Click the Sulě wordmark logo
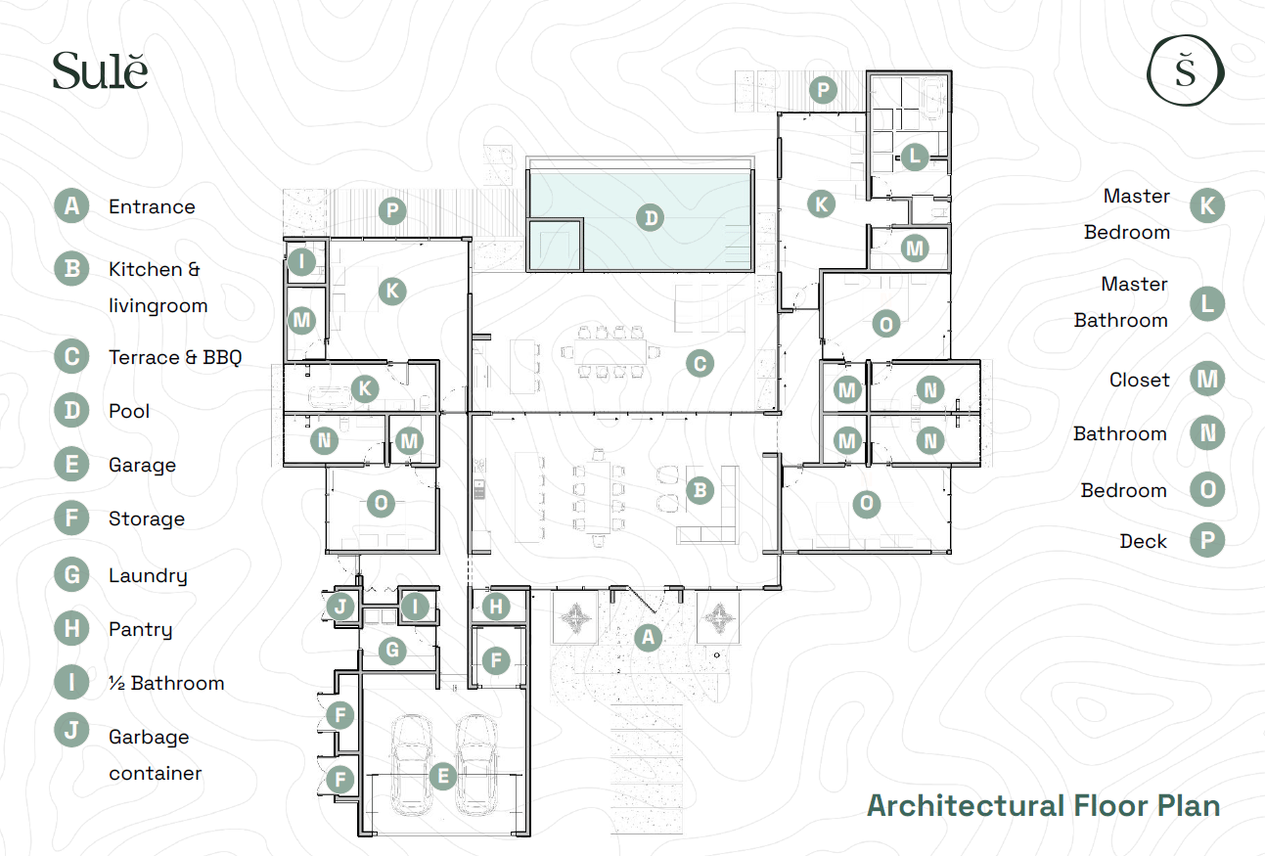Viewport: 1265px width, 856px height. point(100,70)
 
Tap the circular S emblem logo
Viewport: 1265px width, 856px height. point(1186,70)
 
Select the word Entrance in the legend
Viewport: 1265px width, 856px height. point(152,206)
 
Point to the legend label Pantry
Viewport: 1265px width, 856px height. point(141,630)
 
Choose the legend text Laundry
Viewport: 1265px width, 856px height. point(148,576)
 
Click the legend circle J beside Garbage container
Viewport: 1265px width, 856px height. point(71,730)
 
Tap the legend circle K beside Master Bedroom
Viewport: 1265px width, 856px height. point(1207,206)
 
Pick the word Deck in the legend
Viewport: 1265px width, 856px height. point(1144,541)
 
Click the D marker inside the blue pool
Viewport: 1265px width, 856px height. point(651,218)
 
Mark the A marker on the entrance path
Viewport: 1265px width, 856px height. point(648,638)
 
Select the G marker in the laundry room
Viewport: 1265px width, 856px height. point(392,650)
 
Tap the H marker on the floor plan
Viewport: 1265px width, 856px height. point(496,607)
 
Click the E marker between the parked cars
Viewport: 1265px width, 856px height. point(443,777)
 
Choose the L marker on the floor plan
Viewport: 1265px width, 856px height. point(915,157)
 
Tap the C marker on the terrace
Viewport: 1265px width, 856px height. point(700,364)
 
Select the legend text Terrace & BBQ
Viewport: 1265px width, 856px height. point(175,357)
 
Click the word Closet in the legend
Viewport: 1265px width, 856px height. point(1139,380)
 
